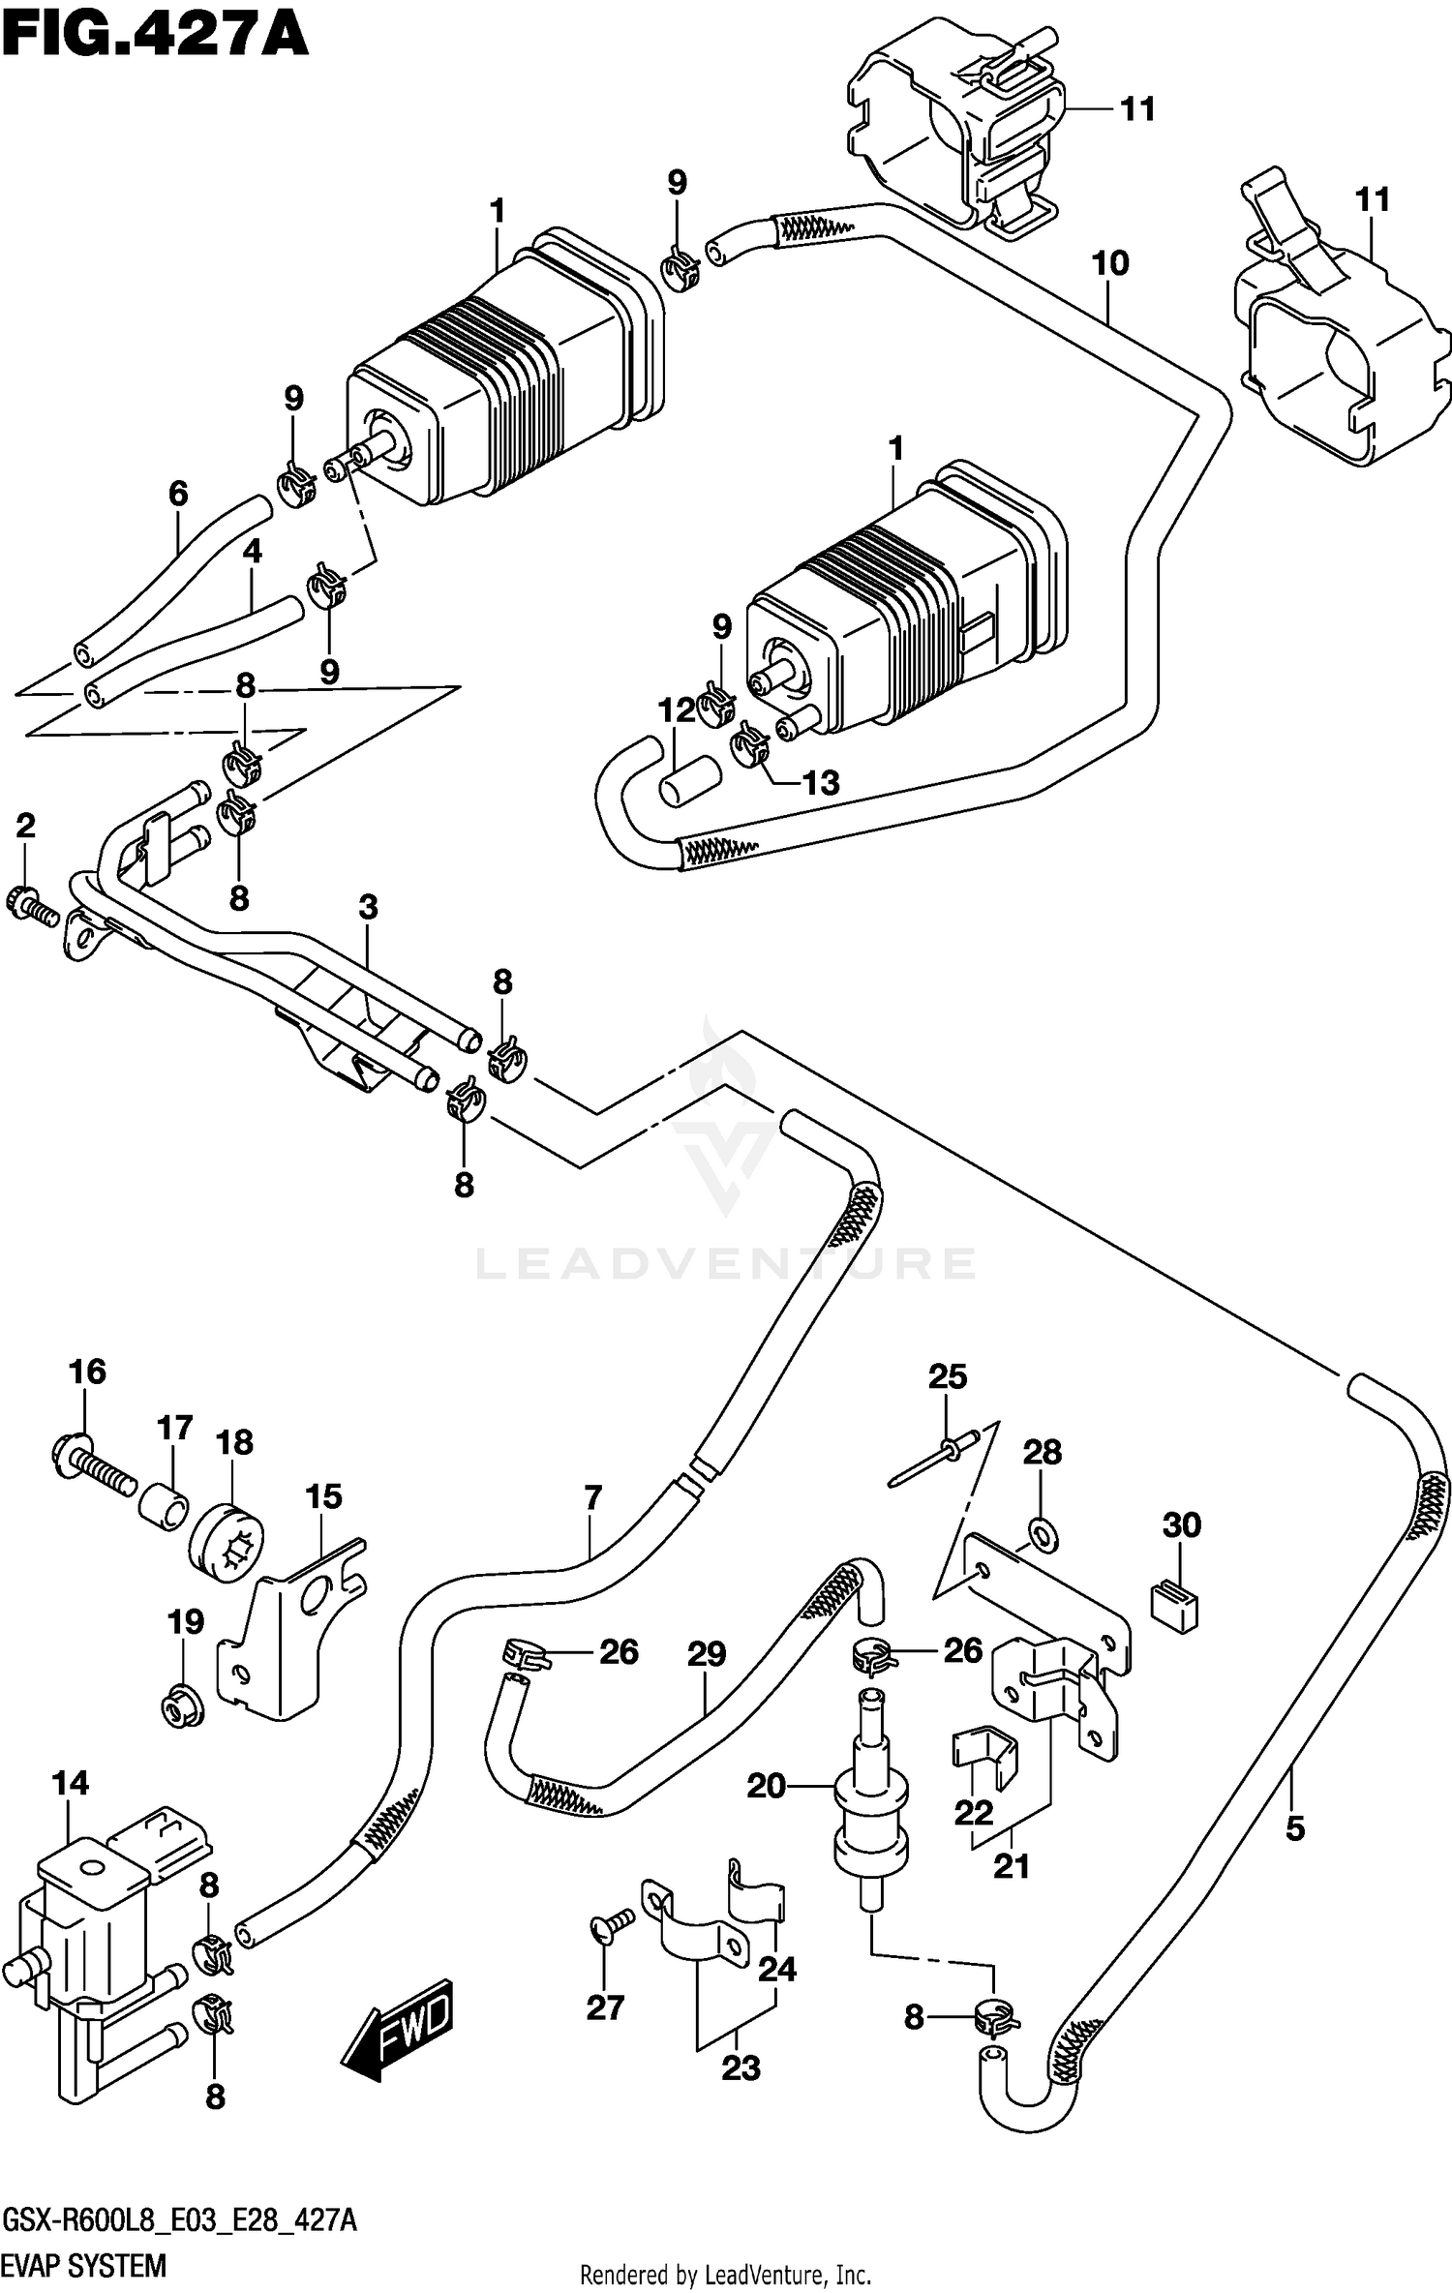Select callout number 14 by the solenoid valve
click(x=70, y=1782)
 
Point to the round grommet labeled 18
click(x=227, y=1542)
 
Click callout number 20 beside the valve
click(x=766, y=1785)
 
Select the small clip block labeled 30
click(x=1176, y=1606)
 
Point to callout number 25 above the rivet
click(x=947, y=1376)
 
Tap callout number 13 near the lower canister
click(x=821, y=782)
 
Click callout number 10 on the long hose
click(x=1110, y=262)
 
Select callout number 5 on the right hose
click(x=1295, y=1828)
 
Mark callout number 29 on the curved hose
click(x=707, y=1654)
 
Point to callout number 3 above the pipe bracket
click(x=368, y=907)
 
